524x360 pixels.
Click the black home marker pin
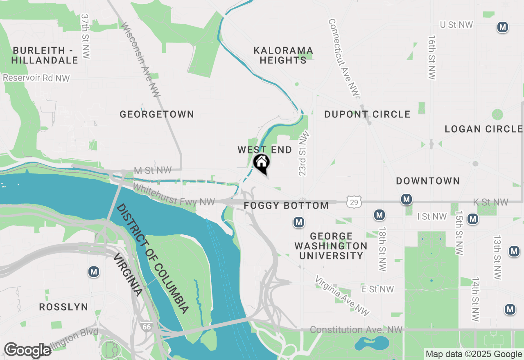coord(262,163)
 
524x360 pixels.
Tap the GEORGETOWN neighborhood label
coord(157,114)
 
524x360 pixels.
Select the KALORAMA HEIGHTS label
coord(283,55)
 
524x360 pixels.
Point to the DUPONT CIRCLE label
coord(367,114)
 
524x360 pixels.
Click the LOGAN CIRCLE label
coord(483,129)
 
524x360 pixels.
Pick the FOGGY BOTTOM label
coord(286,205)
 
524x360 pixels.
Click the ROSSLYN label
coord(63,307)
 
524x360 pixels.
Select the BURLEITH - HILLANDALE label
coord(45,55)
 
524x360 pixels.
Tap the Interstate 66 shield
coord(146,326)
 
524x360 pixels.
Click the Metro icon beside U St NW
coord(502,27)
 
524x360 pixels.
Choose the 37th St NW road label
coord(85,36)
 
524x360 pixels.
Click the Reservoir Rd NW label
coord(36,78)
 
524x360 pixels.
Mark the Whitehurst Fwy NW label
coord(174,195)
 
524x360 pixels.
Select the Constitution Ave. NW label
coord(356,330)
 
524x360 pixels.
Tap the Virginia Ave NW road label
coord(342,295)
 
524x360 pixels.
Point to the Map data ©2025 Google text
coord(474,354)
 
